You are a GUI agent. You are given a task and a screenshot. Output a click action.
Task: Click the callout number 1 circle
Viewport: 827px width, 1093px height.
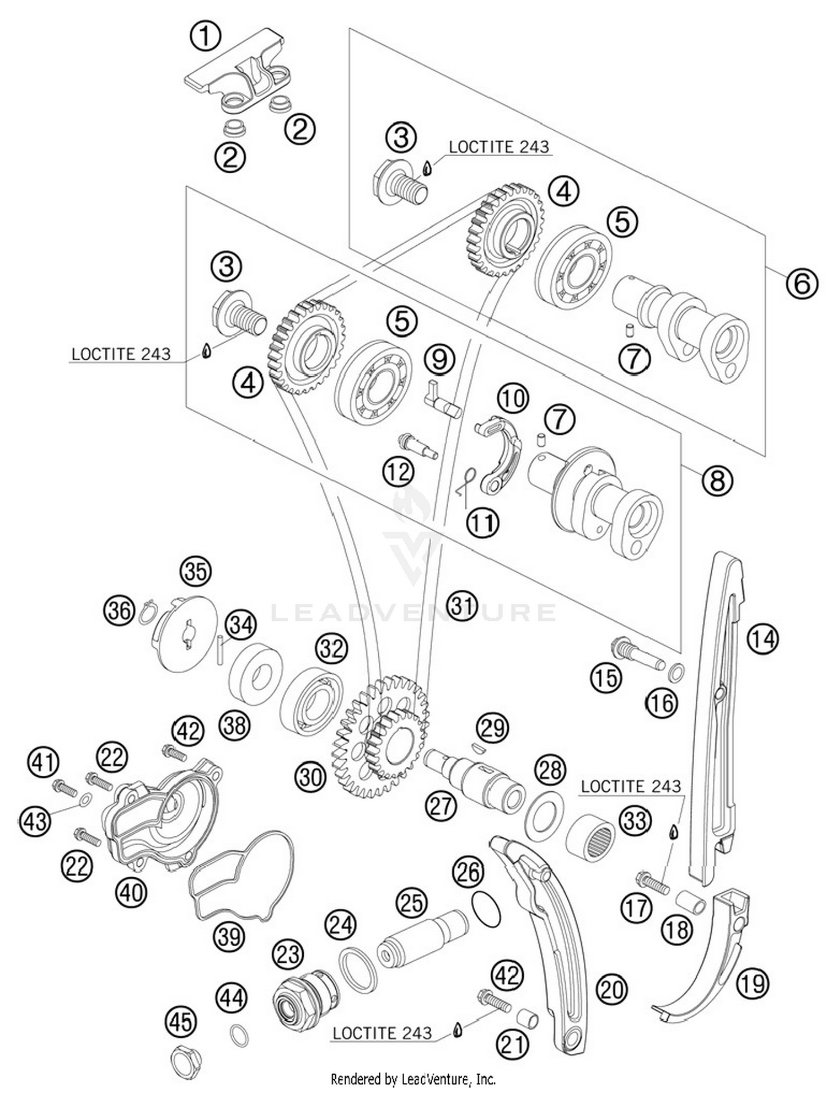pyautogui.click(x=205, y=36)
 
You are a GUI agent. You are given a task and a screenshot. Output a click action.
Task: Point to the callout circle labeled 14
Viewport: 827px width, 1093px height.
pyautogui.click(x=763, y=639)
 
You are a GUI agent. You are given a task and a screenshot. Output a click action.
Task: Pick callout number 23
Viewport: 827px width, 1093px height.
pyautogui.click(x=288, y=954)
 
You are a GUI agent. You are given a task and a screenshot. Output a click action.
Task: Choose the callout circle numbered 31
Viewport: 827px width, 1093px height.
pyautogui.click(x=462, y=606)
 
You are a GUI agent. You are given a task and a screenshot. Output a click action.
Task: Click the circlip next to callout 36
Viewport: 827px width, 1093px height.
pyautogui.click(x=148, y=614)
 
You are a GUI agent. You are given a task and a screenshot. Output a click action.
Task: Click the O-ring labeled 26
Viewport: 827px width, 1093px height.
pyautogui.click(x=486, y=909)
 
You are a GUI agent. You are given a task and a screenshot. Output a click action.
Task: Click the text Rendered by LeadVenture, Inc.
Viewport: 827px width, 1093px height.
pyautogui.click(x=413, y=1079)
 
